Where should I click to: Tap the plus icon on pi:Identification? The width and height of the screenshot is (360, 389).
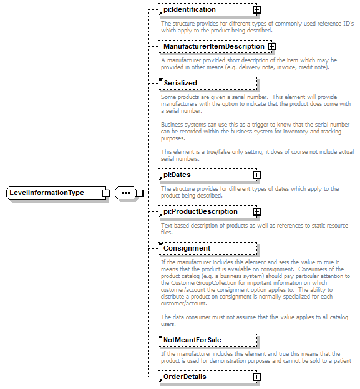point(256,10)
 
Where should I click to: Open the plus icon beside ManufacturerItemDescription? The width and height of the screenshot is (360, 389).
point(271,47)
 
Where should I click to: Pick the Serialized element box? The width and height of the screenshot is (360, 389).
point(207,83)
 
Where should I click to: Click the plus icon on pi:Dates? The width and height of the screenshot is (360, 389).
point(256,175)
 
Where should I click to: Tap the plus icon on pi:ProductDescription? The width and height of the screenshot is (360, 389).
point(256,212)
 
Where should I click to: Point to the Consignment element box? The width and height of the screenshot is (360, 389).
point(207,249)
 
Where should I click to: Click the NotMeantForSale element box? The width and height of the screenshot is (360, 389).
point(207,340)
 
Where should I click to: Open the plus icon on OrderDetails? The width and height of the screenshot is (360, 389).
point(256,377)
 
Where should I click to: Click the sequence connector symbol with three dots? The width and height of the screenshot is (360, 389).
point(125,193)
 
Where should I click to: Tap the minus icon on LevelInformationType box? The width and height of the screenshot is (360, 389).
point(106,193)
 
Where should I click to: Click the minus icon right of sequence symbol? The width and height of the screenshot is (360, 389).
point(140,193)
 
